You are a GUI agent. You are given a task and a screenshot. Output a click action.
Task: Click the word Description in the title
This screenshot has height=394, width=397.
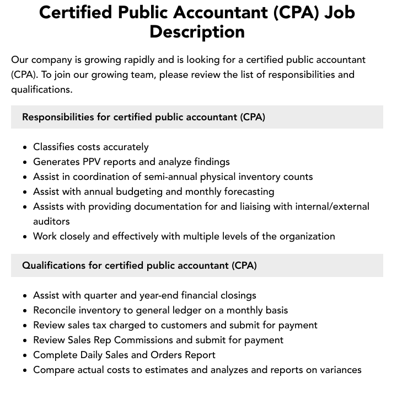(x=197, y=31)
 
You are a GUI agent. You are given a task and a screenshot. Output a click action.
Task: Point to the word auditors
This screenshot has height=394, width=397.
(x=51, y=221)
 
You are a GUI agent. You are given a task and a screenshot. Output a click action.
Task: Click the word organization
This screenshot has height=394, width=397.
(x=304, y=236)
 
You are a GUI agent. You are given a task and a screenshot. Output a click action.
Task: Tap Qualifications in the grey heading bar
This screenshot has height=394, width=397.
(x=53, y=265)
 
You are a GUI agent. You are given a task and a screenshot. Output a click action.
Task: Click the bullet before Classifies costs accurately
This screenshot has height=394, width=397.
(x=25, y=147)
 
